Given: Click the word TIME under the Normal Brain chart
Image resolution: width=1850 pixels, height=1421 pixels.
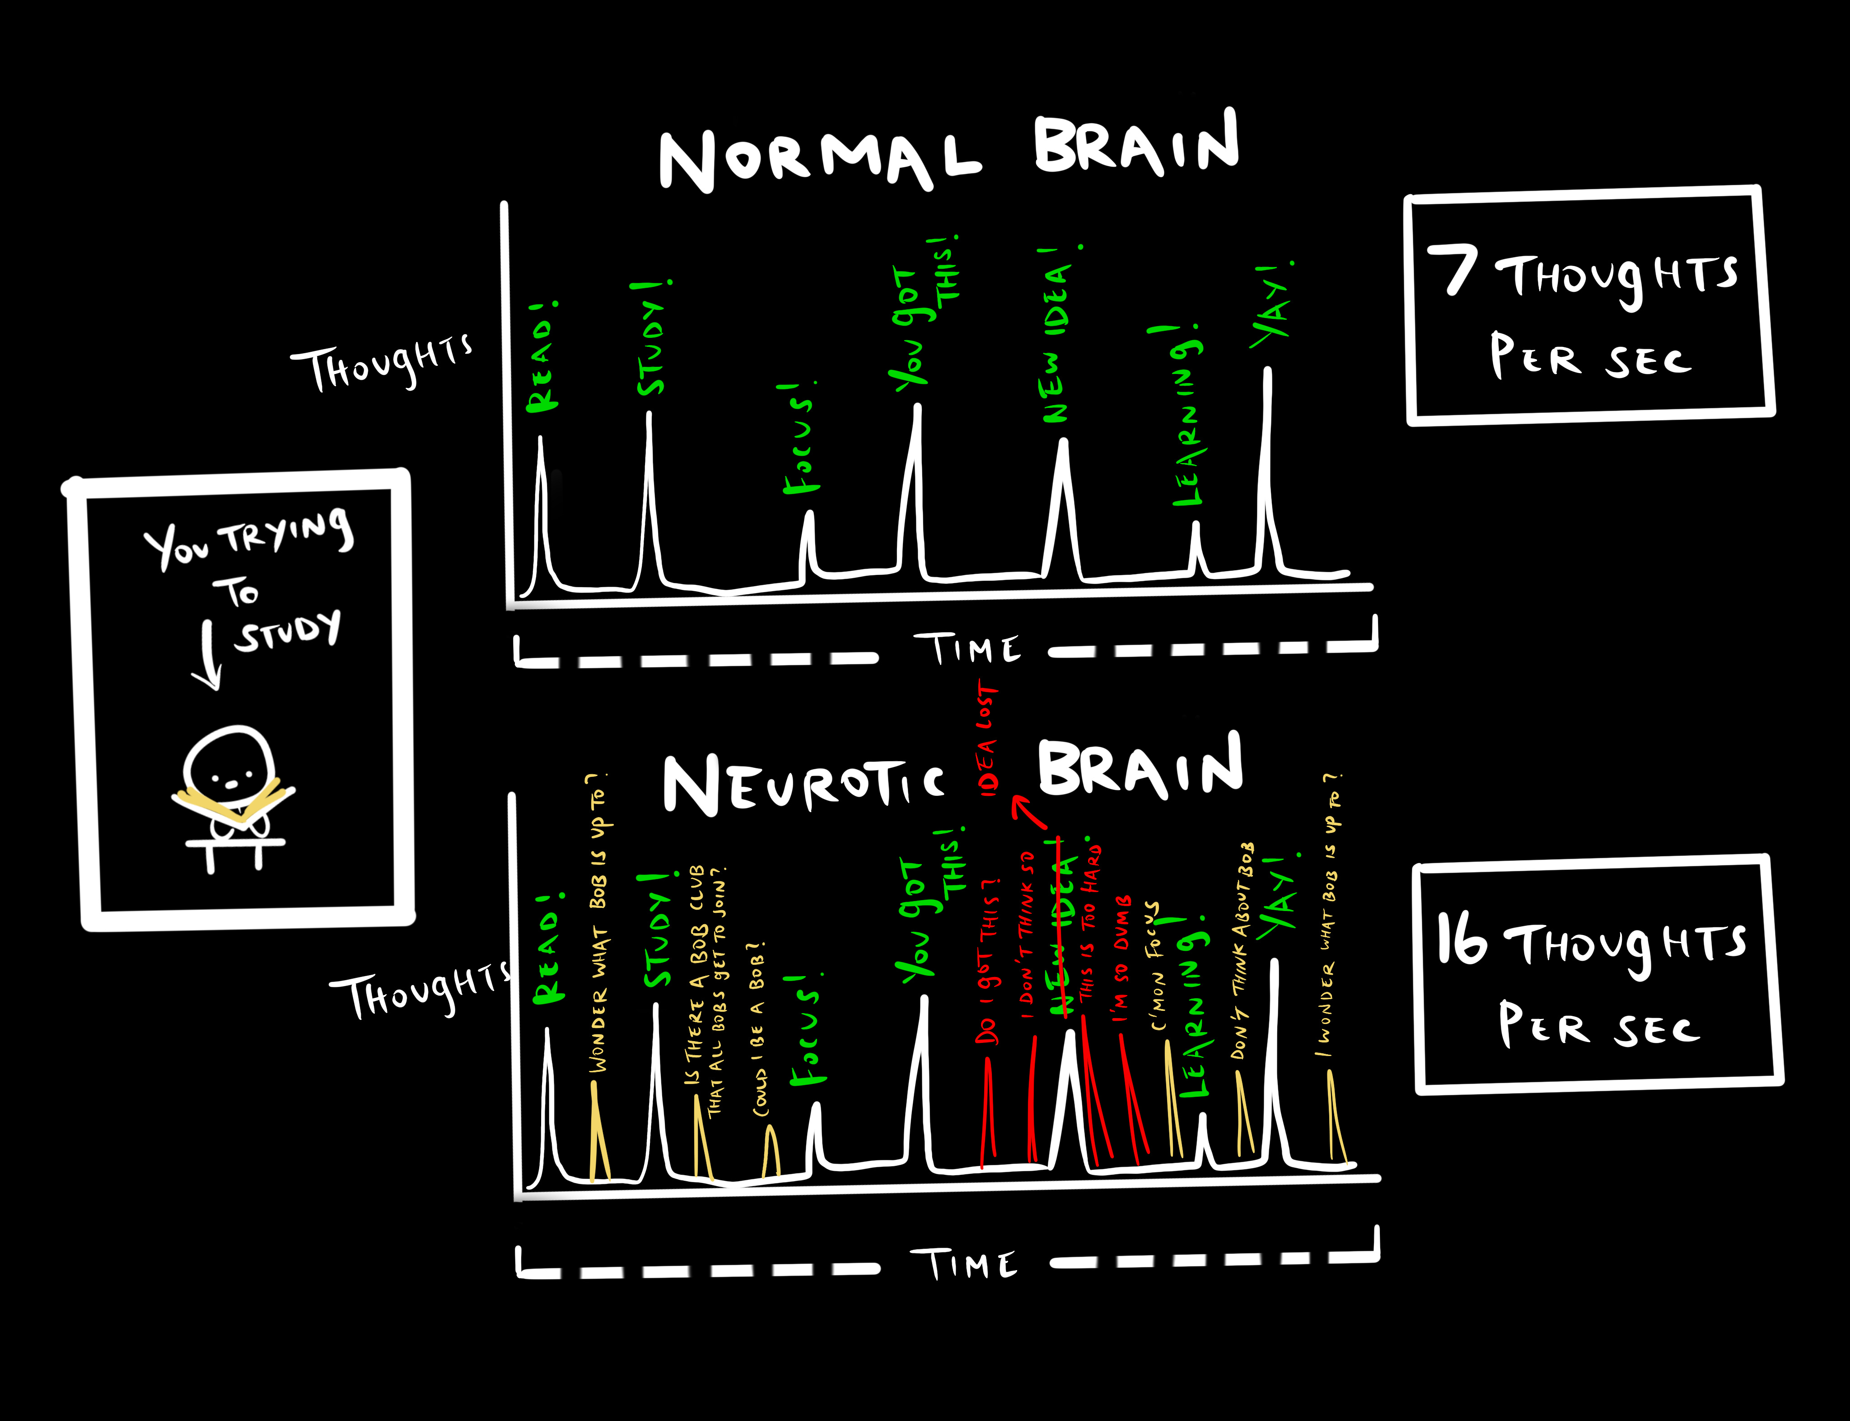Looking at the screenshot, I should pyautogui.click(x=967, y=650).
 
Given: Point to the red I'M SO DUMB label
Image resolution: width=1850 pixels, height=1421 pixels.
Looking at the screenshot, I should pyautogui.click(x=1122, y=959).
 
